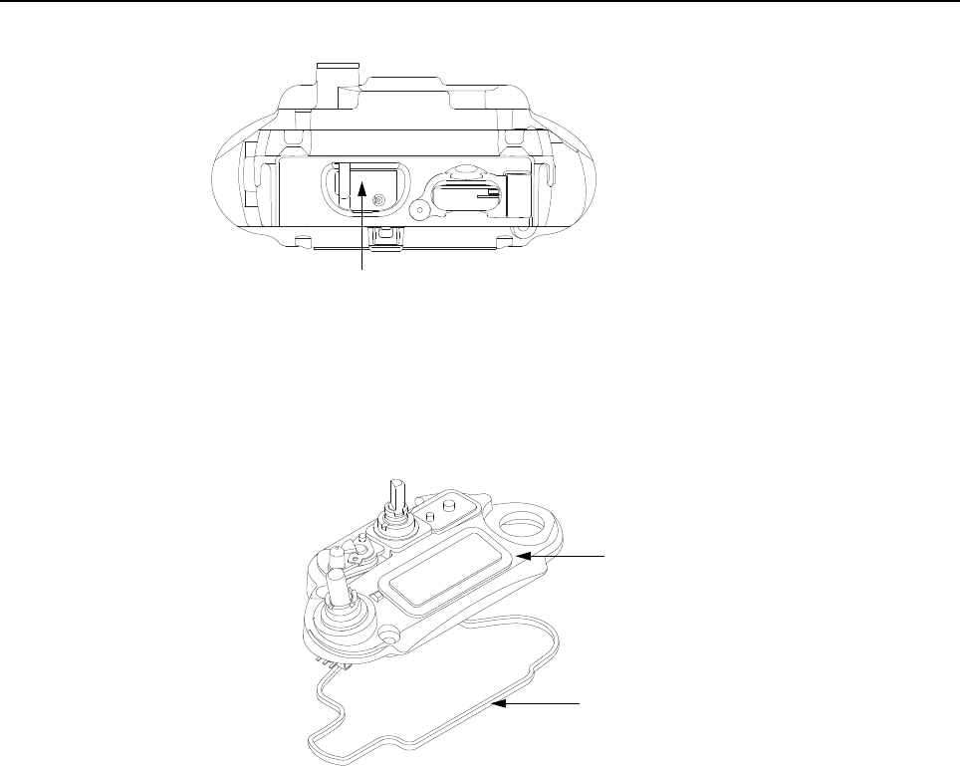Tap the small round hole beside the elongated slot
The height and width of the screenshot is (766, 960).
tap(420, 208)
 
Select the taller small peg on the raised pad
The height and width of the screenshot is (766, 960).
tap(447, 506)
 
